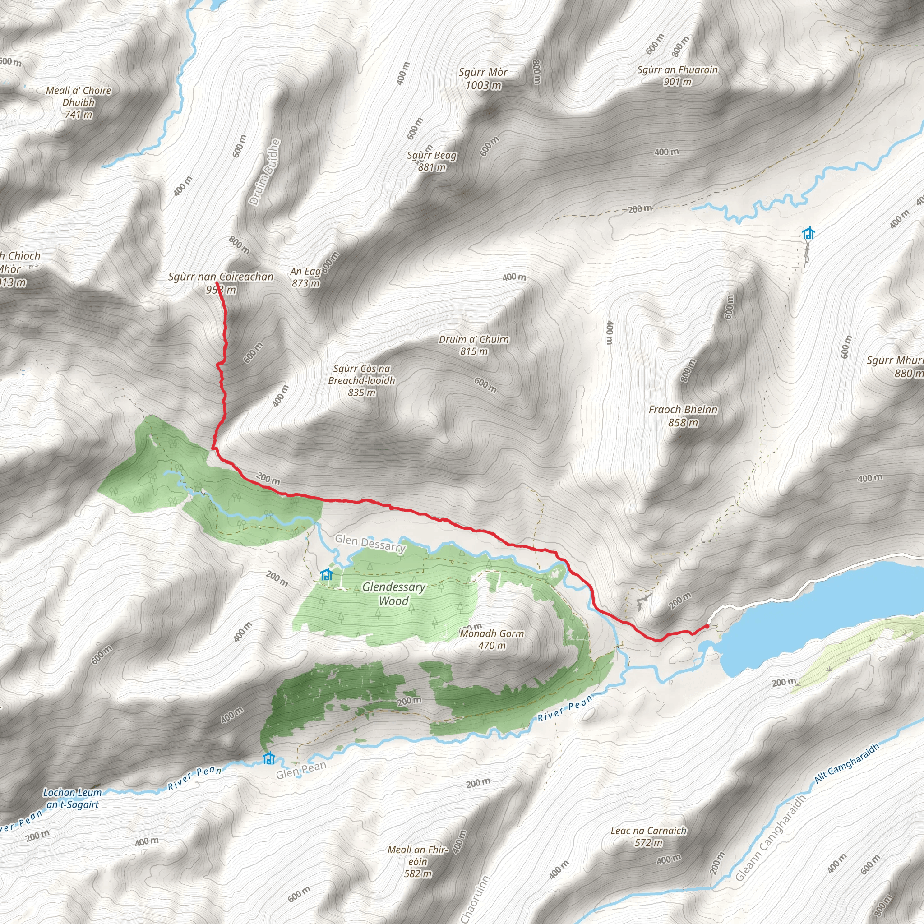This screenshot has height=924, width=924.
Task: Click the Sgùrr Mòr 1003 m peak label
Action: click(x=483, y=79)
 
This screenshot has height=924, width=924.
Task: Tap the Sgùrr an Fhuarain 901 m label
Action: click(x=677, y=75)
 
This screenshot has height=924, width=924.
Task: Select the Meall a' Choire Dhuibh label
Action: click(x=79, y=102)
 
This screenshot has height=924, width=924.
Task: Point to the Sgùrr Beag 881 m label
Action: click(x=431, y=161)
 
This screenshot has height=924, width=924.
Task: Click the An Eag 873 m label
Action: click(x=305, y=277)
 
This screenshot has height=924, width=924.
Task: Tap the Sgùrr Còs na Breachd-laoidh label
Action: click(x=361, y=380)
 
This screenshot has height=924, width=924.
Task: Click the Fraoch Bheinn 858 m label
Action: click(x=683, y=416)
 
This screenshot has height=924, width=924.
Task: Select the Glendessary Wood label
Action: click(x=393, y=594)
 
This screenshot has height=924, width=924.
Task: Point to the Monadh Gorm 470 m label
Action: click(x=492, y=639)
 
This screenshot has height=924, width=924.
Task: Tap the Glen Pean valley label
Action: click(x=301, y=770)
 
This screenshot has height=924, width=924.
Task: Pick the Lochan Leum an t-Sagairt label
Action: click(x=71, y=799)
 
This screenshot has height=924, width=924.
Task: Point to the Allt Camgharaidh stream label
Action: click(x=846, y=764)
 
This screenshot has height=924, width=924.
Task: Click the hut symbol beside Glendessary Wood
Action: click(x=327, y=574)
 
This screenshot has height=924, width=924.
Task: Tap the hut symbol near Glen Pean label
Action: click(x=269, y=758)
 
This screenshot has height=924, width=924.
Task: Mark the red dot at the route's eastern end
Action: click(x=707, y=626)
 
